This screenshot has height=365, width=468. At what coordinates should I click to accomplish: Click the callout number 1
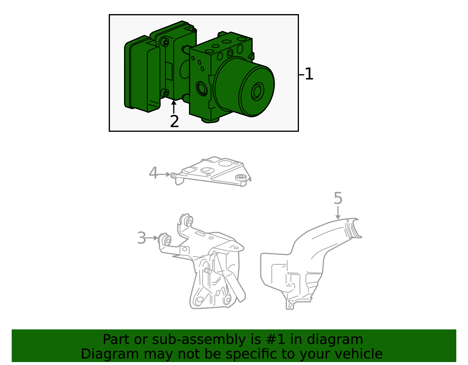[309, 74]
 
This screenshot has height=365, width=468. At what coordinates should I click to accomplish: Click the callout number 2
[174, 121]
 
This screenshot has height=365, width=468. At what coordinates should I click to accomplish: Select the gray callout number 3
[142, 238]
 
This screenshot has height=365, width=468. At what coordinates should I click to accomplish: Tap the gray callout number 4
[153, 173]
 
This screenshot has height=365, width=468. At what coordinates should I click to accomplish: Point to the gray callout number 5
[338, 198]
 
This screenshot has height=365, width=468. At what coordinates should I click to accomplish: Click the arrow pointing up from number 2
[173, 107]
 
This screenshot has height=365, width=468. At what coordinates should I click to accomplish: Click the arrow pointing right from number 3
[152, 238]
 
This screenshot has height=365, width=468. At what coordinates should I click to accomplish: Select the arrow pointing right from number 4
[164, 174]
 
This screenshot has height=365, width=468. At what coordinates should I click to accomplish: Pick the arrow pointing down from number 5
[338, 213]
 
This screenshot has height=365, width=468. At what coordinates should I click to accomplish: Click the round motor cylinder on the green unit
[243, 87]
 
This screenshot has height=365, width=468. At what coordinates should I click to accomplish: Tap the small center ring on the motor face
[257, 91]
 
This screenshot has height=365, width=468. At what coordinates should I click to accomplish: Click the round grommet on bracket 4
[241, 177]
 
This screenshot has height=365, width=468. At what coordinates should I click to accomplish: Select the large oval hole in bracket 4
[225, 163]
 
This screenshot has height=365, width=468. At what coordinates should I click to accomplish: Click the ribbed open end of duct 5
[353, 229]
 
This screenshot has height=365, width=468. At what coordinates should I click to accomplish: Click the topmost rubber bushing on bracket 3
[187, 220]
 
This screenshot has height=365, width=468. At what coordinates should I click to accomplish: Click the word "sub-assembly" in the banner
[199, 339]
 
